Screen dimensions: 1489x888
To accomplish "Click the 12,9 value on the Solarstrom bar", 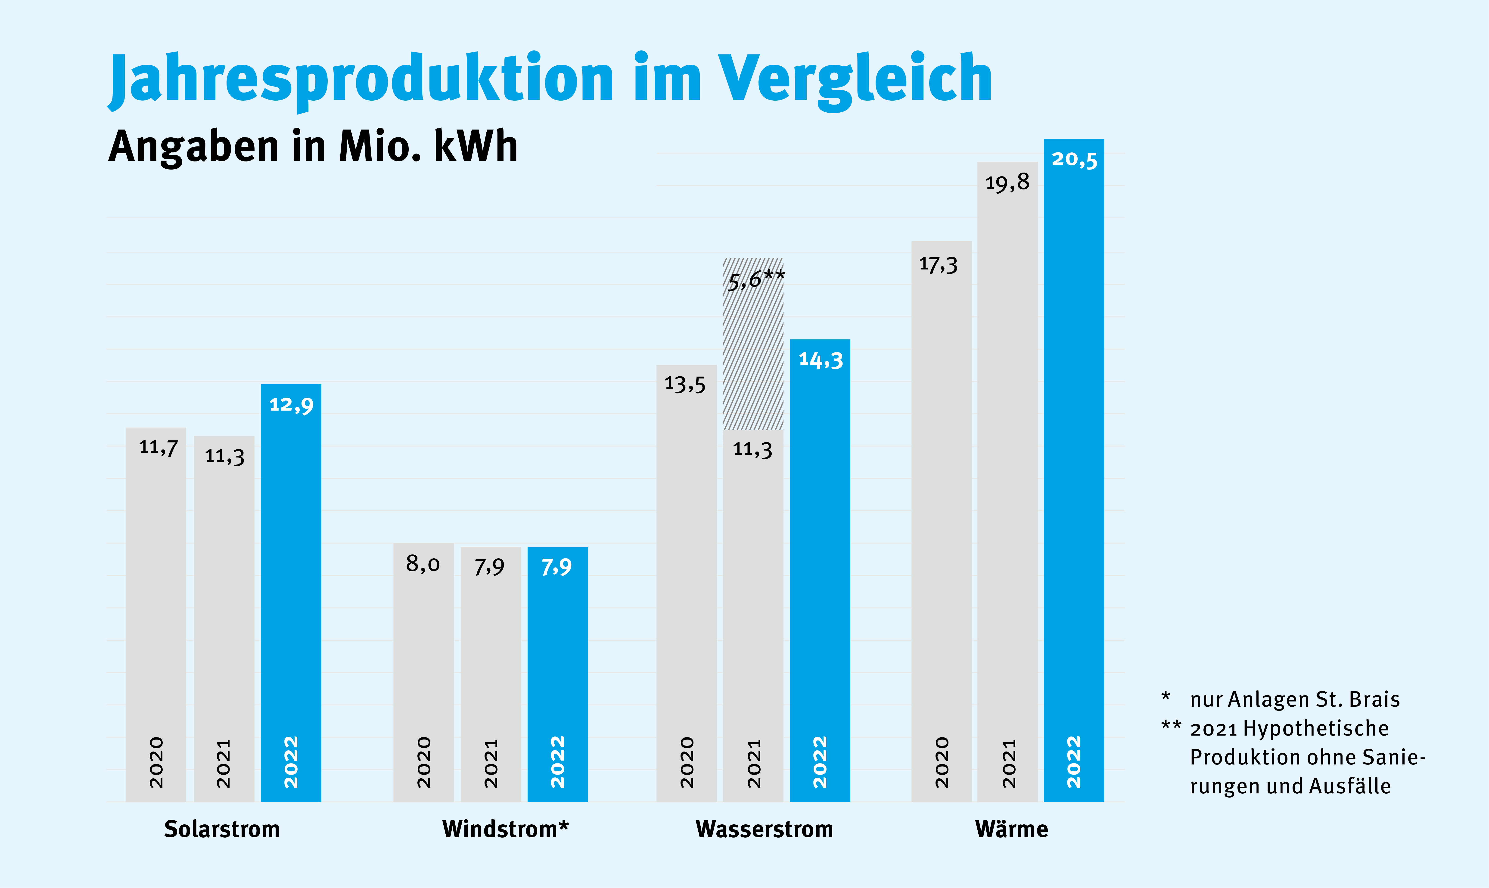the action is (x=292, y=405).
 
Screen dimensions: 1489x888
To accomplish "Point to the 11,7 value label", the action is (x=159, y=447).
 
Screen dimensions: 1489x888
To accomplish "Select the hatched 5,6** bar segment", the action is (x=753, y=344).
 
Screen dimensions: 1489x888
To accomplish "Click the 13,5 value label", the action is (x=685, y=384).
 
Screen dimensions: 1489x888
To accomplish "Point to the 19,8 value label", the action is (x=1008, y=182).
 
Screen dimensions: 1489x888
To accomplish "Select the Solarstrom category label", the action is (x=222, y=829).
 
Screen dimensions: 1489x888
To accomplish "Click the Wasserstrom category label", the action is (x=765, y=829).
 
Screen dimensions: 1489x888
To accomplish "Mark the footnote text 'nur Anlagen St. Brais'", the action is (x=1295, y=699).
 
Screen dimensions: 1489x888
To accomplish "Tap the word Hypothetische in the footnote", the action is (x=1316, y=729).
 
